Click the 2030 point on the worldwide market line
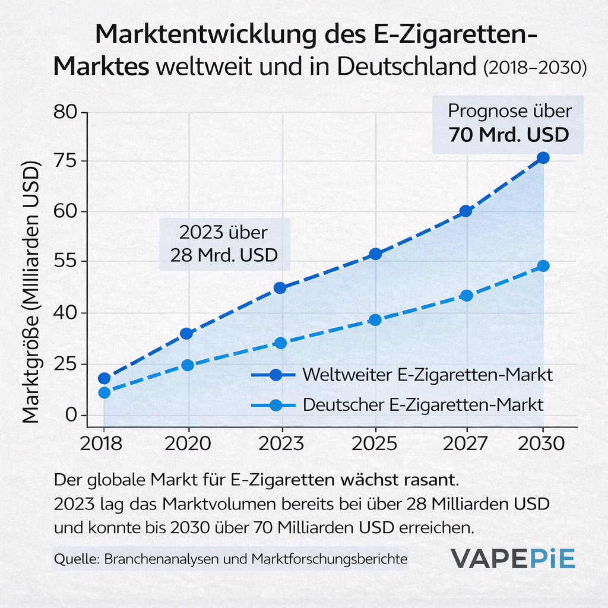[x=543, y=158]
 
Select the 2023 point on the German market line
[x=280, y=343]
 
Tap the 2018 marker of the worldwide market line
[x=104, y=378]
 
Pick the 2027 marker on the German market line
[x=466, y=296]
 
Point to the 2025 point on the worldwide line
[x=375, y=254]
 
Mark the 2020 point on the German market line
[x=188, y=365]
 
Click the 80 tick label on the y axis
[x=65, y=112]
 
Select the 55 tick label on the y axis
[x=65, y=261]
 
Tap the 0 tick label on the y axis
[x=71, y=415]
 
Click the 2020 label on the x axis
[x=188, y=444]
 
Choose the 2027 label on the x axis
[x=465, y=444]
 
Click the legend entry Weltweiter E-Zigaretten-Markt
[x=402, y=375]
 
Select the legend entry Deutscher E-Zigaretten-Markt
[x=397, y=405]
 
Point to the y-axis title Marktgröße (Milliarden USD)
[x=31, y=292]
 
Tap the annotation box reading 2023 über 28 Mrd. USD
[x=224, y=244]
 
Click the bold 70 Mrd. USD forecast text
[x=509, y=135]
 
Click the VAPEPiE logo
[x=512, y=559]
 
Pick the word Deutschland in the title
[x=406, y=66]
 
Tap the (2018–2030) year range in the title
[x=535, y=68]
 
